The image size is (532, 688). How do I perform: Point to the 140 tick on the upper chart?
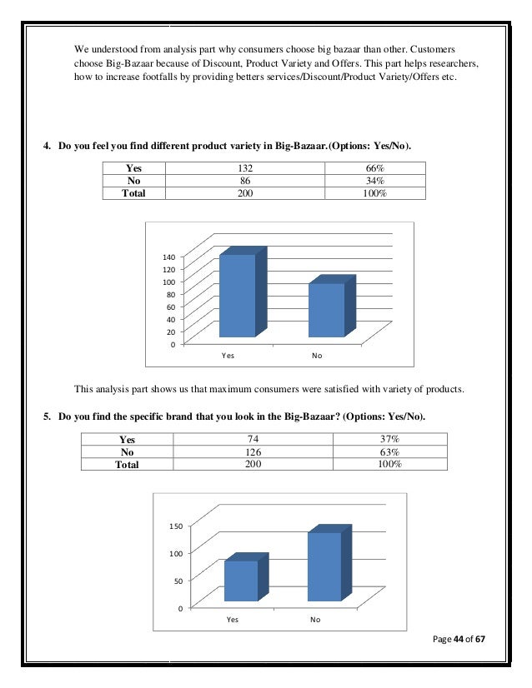pyautogui.click(x=168, y=257)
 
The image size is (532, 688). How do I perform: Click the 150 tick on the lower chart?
pyautogui.click(x=175, y=526)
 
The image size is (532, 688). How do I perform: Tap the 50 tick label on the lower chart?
pyautogui.click(x=178, y=581)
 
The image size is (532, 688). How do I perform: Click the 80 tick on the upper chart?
pyautogui.click(x=170, y=294)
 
